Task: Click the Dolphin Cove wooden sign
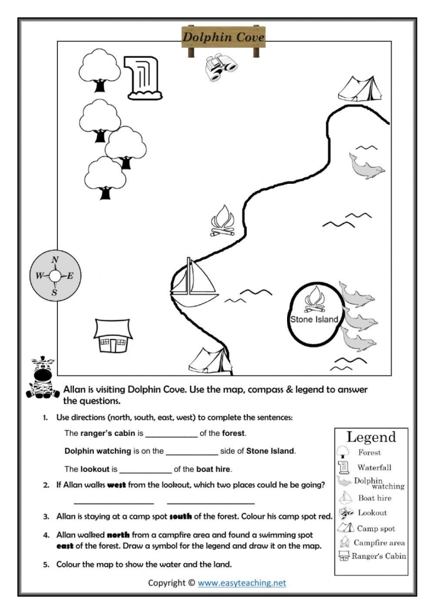[223, 38]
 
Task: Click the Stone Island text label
[314, 319]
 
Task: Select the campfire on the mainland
[225, 221]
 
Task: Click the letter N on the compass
[55, 260]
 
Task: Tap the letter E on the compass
[70, 276]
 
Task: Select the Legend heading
[370, 437]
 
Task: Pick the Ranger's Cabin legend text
[378, 556]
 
